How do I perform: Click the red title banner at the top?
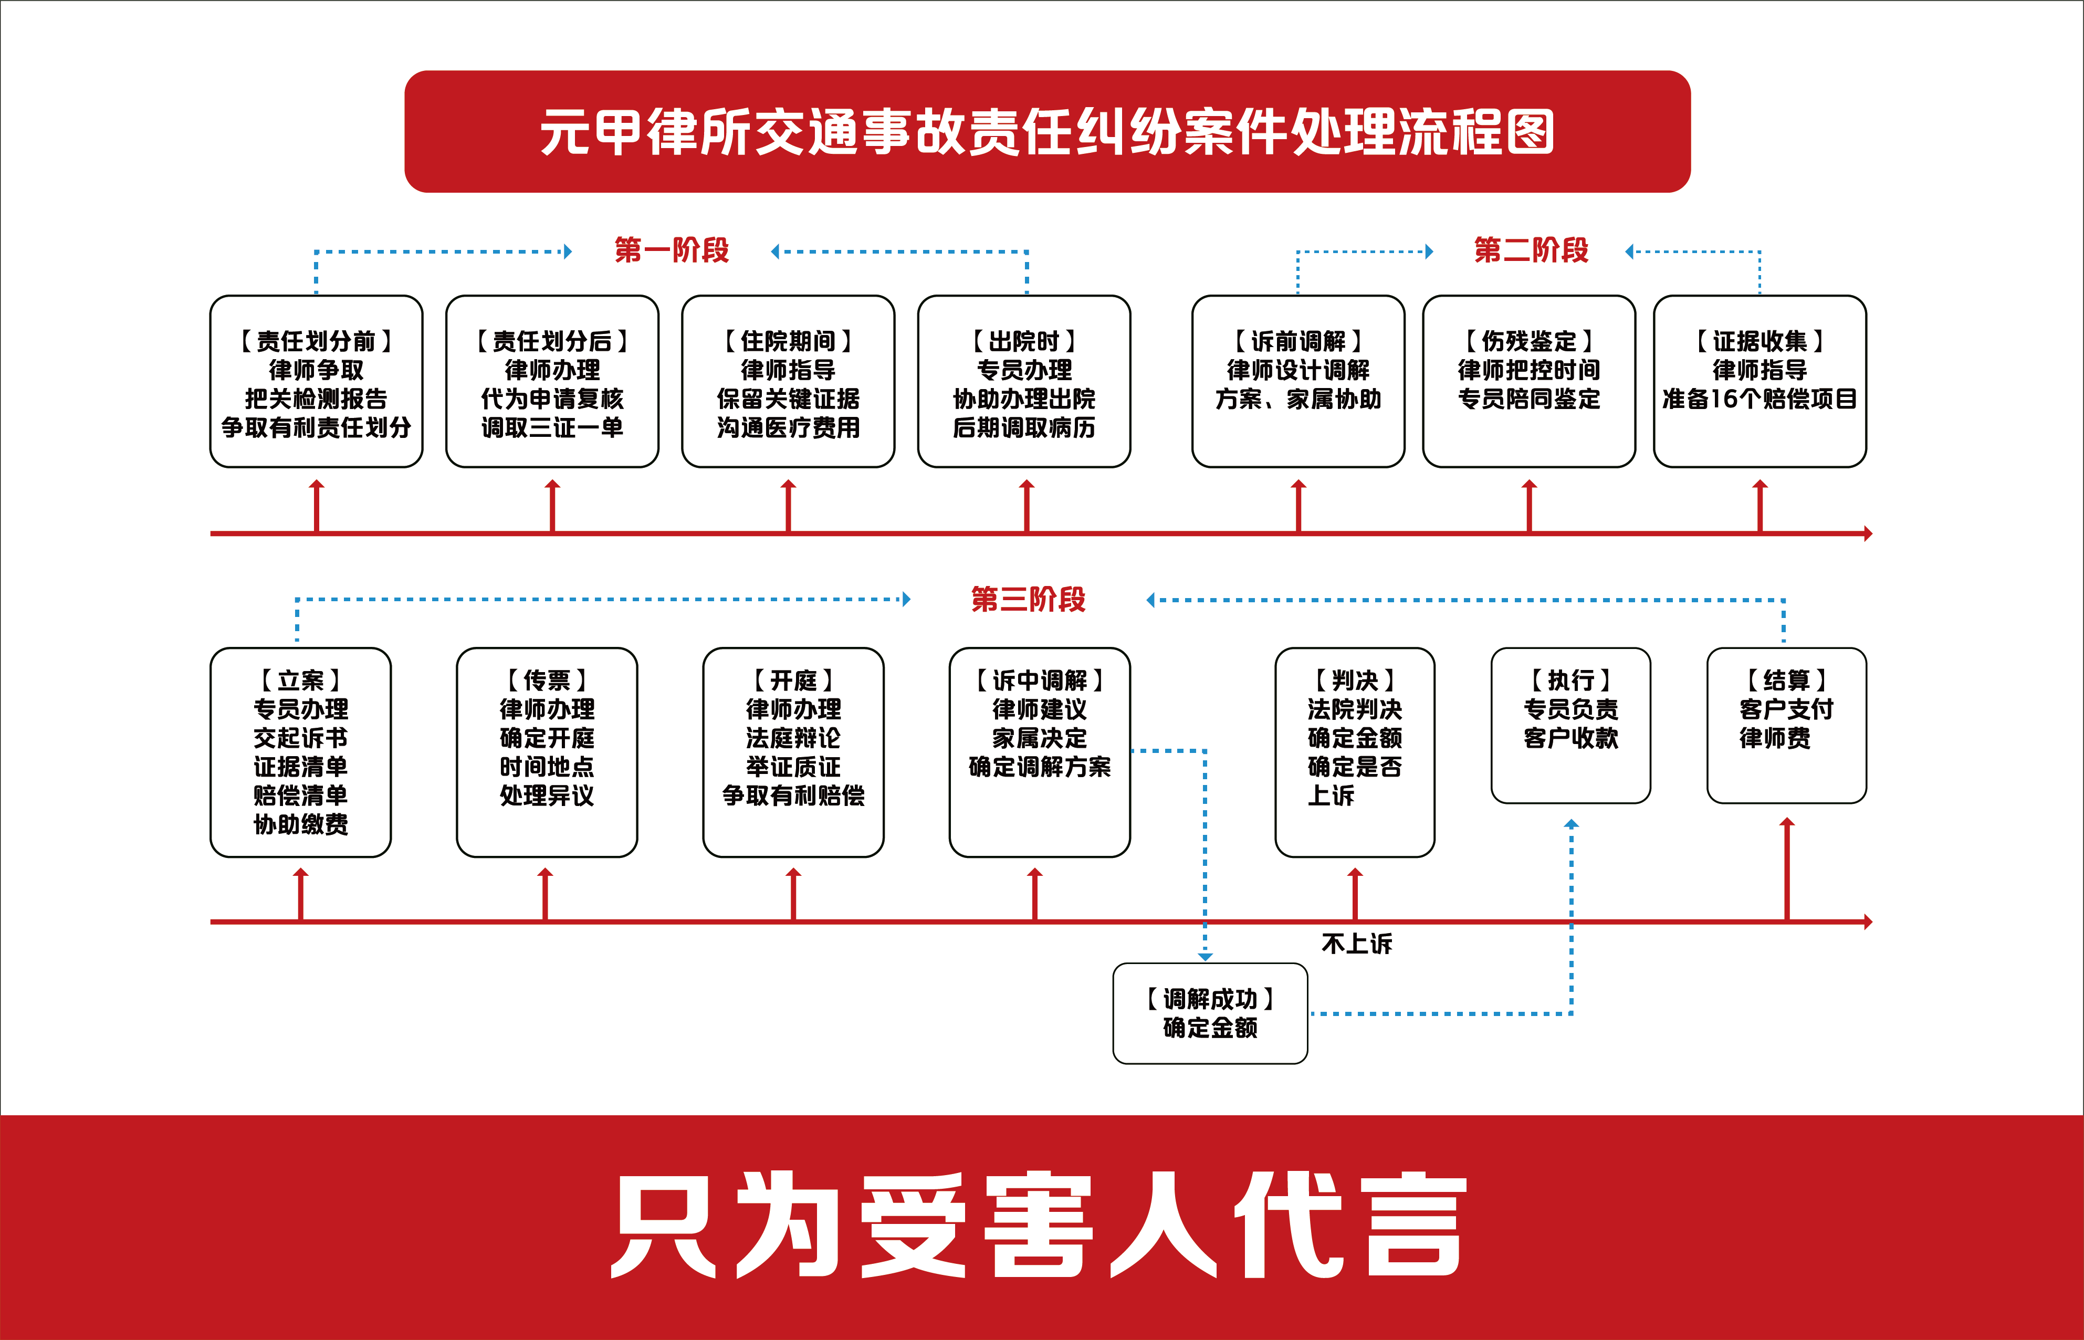click(1047, 131)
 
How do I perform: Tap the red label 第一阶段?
click(671, 250)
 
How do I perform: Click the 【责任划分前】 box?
click(316, 381)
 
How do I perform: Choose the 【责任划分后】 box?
click(552, 381)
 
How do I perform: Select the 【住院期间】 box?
click(788, 381)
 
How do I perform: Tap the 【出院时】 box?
click(1024, 381)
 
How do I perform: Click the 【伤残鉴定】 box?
click(1529, 381)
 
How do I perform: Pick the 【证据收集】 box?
click(1760, 381)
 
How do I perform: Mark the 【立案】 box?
click(300, 752)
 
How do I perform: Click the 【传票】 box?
click(547, 752)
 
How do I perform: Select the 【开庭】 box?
click(793, 752)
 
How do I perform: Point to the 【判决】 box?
click(1355, 752)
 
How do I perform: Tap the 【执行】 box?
click(1570, 725)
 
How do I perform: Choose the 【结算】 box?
click(1786, 725)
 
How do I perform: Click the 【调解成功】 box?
click(1210, 1013)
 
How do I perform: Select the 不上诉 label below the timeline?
click(1357, 944)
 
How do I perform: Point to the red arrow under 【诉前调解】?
click(1298, 506)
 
